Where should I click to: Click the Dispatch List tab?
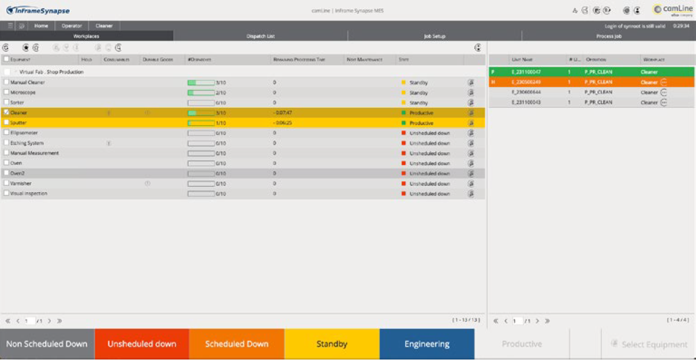point(260,36)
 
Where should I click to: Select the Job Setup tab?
point(434,36)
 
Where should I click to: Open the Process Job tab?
point(608,36)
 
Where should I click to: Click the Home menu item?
point(41,26)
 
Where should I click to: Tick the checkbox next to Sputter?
point(6,123)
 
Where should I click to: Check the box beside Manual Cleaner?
point(6,82)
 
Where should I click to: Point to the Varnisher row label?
point(21,183)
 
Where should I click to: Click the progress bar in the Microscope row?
point(201,93)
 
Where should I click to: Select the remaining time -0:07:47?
point(283,113)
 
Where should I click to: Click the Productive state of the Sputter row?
point(421,123)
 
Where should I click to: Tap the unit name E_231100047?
point(526,72)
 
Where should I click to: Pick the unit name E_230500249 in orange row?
point(526,82)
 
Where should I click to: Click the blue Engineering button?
point(427,344)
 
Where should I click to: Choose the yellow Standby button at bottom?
point(332,344)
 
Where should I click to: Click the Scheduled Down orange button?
point(237,344)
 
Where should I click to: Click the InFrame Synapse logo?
point(38,10)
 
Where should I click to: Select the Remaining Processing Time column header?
point(300,59)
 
